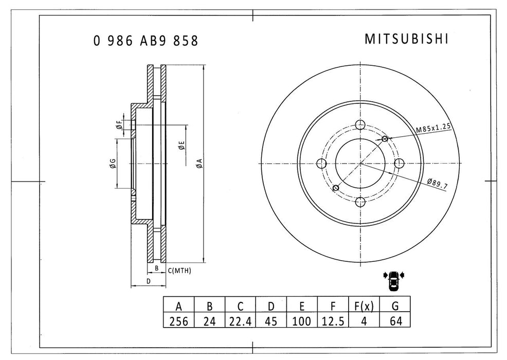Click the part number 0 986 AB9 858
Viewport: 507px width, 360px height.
point(146,41)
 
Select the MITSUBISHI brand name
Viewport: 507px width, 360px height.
point(406,40)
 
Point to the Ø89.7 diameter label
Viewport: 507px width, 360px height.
point(438,182)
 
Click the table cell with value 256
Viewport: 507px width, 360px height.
point(178,321)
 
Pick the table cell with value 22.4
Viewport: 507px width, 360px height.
point(240,321)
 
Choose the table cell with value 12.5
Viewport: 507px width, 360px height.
point(333,321)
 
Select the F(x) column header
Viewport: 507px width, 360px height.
point(364,307)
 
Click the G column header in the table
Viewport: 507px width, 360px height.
point(394,307)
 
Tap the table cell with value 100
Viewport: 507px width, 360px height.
point(302,321)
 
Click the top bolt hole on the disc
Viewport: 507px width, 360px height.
point(360,125)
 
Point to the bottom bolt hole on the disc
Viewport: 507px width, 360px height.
point(360,202)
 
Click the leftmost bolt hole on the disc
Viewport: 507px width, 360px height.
point(322,164)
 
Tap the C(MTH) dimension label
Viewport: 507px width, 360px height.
point(180,271)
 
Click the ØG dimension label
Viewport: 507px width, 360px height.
point(112,164)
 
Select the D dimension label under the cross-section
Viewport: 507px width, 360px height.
point(148,281)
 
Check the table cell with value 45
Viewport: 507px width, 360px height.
point(271,321)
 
